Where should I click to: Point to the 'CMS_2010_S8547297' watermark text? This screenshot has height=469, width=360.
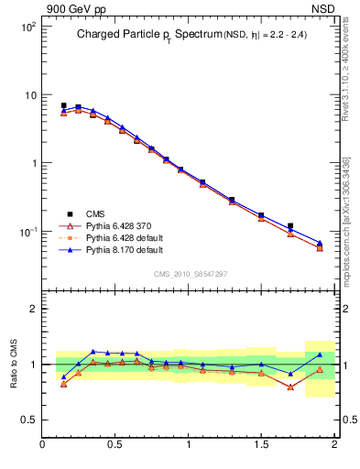190,274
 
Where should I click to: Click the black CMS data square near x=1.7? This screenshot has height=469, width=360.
290,225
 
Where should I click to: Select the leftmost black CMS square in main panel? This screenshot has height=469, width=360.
63,105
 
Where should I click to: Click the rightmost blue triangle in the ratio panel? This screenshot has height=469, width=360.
320,354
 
